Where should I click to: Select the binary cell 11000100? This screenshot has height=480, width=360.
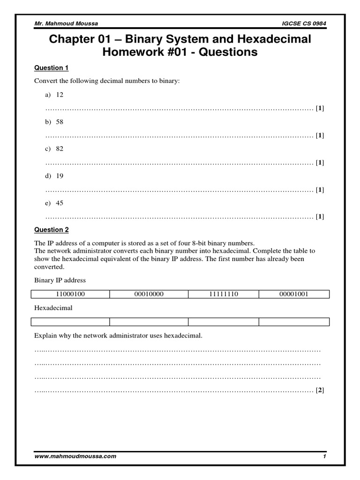coord(70,294)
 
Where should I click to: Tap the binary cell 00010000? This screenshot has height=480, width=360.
coord(149,294)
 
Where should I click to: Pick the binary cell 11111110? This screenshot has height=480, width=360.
coord(223,294)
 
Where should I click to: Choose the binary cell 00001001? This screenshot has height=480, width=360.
coord(294,294)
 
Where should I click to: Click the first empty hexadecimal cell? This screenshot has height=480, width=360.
coord(70,322)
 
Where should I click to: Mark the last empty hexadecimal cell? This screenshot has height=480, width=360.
coord(294,322)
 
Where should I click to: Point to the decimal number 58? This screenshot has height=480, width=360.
coord(60,121)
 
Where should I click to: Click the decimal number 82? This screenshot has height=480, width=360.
coord(60,149)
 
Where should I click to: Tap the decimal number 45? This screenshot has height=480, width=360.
coord(60,203)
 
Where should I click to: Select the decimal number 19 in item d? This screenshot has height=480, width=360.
coord(60,176)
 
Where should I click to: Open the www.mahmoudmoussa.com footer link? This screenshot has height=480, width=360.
coord(75,456)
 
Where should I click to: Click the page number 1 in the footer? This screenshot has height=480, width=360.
coord(324,456)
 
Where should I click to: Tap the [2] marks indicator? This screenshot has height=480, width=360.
coord(320,390)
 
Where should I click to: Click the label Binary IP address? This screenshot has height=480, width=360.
coord(60,280)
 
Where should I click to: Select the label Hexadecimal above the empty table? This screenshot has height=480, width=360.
coord(53,308)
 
